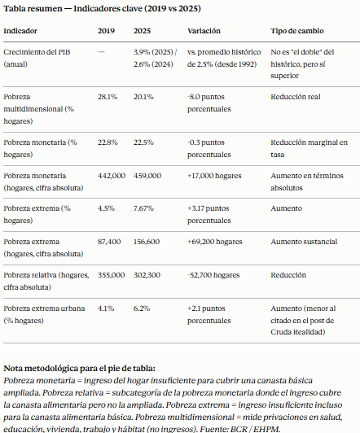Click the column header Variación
pyautogui.click(x=204, y=31)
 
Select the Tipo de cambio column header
pyautogui.click(x=297, y=31)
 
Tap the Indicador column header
pyautogui.click(x=20, y=31)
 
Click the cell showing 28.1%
pyautogui.click(x=108, y=97)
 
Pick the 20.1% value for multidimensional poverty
pyautogui.click(x=143, y=97)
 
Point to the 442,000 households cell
pyautogui.click(x=112, y=176)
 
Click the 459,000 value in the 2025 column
pyautogui.click(x=147, y=176)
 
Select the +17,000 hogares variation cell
pyautogui.click(x=214, y=176)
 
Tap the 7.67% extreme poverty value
pyautogui.click(x=143, y=208)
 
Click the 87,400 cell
pyautogui.click(x=109, y=242)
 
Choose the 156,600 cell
pyautogui.click(x=147, y=242)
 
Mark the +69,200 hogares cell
pyautogui.click(x=215, y=242)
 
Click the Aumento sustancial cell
pyautogui.click(x=304, y=242)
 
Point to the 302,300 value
pyautogui.click(x=147, y=275)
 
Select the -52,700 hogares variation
pyautogui.click(x=213, y=275)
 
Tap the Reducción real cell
pyautogui.click(x=296, y=97)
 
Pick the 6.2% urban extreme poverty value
pyautogui.click(x=142, y=308)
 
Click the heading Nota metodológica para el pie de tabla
pyautogui.click(x=79, y=369)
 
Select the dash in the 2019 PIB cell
pyautogui.click(x=101, y=52)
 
